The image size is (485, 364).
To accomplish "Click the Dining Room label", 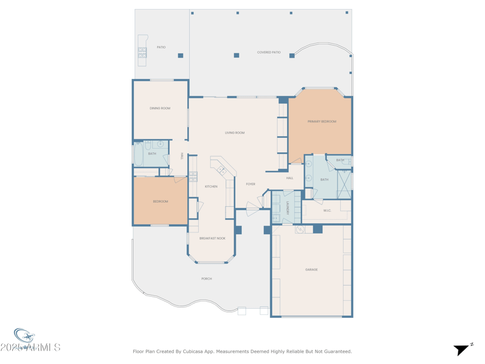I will (160, 109).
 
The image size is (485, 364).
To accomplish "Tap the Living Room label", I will (235, 133).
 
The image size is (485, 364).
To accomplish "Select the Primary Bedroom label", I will (321, 121).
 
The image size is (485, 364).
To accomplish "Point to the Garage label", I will (312, 269).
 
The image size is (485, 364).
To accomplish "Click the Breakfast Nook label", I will (212, 238).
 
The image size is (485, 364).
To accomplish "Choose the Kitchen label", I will (211, 186).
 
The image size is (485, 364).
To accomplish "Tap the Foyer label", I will (250, 184).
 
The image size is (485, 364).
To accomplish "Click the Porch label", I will (207, 278).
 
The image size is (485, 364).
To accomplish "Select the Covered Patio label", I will (269, 53).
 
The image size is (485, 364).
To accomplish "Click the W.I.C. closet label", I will (327, 211).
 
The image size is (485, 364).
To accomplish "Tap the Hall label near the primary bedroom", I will (290, 178).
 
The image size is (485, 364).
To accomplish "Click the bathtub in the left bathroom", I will (138, 154).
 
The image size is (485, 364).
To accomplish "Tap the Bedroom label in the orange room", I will (160, 201).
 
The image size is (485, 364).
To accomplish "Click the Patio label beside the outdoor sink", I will (161, 47).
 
